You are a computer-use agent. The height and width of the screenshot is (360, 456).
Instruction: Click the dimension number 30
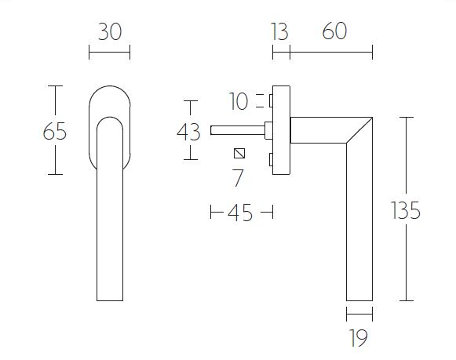click(109, 32)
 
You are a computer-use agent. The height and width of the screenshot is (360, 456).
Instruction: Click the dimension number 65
click(54, 131)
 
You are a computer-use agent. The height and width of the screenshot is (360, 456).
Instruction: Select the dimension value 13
click(279, 32)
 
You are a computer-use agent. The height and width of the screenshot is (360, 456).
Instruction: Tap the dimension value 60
click(334, 32)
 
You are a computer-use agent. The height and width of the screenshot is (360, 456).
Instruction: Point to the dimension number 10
click(239, 101)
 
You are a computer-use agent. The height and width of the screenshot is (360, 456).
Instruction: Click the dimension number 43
click(189, 132)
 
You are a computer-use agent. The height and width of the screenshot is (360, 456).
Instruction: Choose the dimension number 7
click(239, 178)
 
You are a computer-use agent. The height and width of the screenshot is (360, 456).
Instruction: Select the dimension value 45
click(241, 213)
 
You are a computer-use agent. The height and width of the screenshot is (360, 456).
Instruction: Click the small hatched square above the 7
click(239, 152)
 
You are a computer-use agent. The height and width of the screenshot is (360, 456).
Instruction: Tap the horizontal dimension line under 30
click(109, 53)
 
